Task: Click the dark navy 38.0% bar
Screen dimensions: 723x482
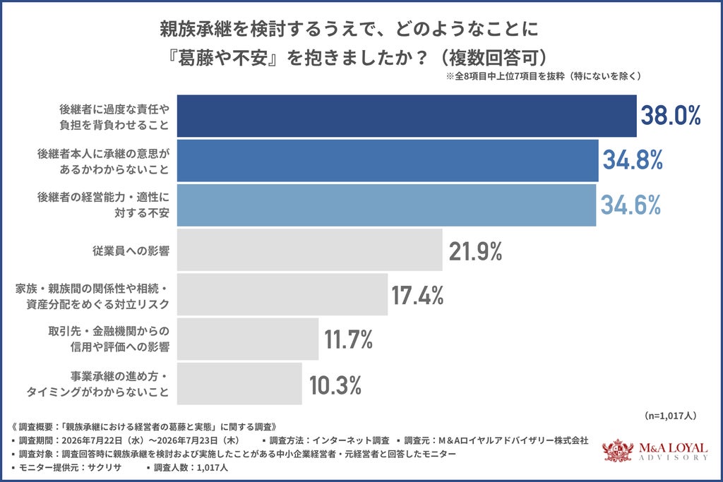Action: point(407,116)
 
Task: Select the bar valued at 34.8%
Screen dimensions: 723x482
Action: point(388,160)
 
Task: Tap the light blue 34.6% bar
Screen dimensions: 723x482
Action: point(386,205)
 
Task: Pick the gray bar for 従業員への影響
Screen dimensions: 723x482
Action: point(310,250)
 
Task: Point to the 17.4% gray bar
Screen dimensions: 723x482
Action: point(282,294)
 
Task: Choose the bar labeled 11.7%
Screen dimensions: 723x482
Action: point(248,339)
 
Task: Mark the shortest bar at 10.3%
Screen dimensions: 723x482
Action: point(239,383)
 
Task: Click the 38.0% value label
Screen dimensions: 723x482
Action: point(671,115)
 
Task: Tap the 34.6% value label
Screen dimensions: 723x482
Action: point(631,205)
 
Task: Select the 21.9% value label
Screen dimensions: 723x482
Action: point(475,252)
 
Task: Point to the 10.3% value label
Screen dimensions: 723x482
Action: point(335,385)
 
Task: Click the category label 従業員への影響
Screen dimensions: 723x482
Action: point(131,251)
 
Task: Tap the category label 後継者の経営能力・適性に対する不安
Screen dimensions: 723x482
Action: point(103,205)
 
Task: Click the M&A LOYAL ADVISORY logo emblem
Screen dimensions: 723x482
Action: point(618,450)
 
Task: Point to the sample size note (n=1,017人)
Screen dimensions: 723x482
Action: point(670,416)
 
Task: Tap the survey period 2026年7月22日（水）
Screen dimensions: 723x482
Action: point(104,440)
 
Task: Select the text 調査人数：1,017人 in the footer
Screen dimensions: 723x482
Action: point(191,467)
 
